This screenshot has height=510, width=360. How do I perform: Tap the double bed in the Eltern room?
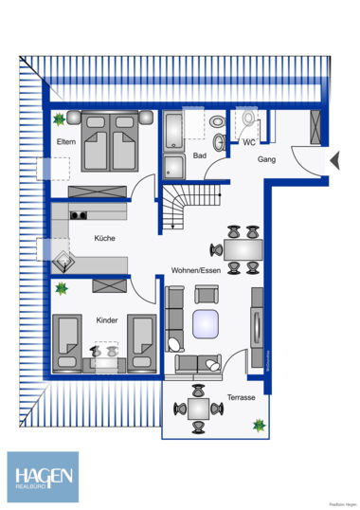click(112, 143)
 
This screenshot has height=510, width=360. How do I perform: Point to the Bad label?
click(199, 155)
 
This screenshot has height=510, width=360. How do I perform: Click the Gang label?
click(266, 160)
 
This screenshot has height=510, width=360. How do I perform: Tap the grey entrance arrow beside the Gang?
click(333, 161)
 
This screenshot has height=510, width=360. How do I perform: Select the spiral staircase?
click(180, 207)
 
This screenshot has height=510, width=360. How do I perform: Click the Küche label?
click(104, 239)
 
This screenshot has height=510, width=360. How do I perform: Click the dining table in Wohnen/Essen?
click(243, 248)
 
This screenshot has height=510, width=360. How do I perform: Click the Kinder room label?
click(106, 320)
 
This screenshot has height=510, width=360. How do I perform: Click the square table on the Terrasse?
click(198, 409)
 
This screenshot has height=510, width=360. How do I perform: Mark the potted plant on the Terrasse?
click(258, 426)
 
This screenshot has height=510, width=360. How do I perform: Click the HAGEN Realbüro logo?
click(44, 475)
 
